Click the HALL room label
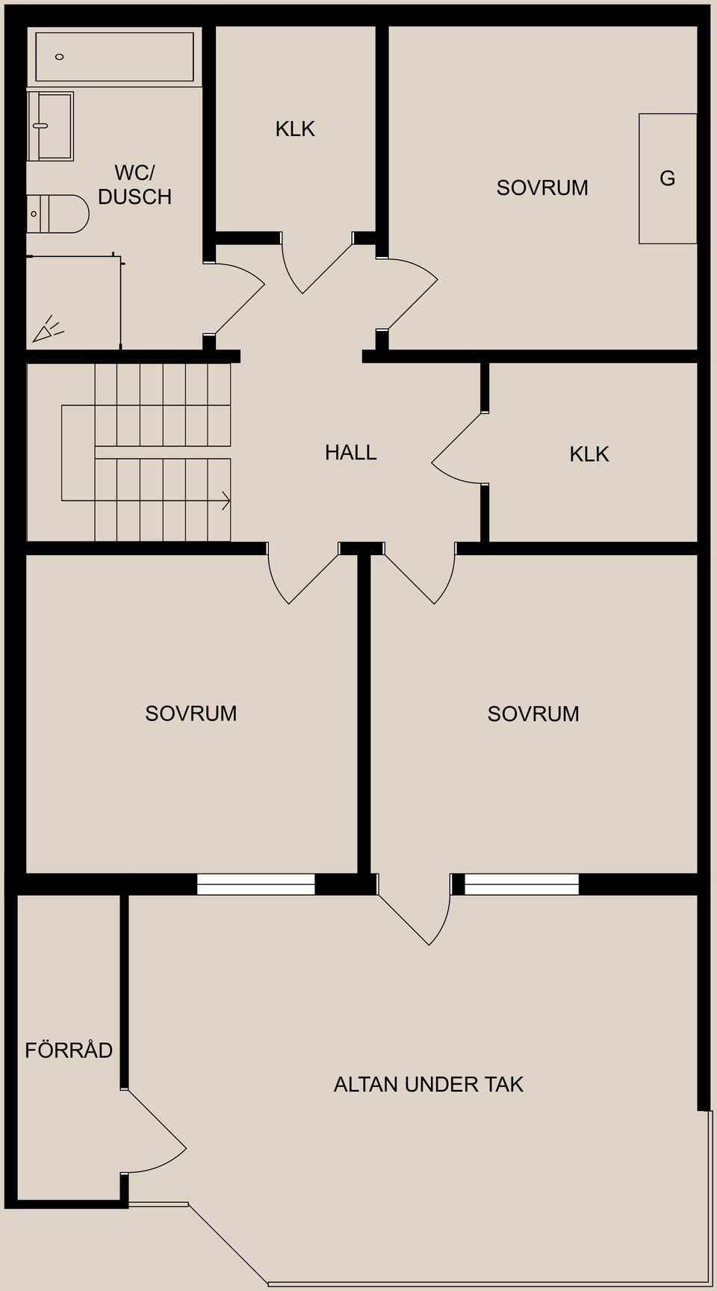click(x=350, y=452)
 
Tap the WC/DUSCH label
click(x=134, y=185)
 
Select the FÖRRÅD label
click(x=69, y=1050)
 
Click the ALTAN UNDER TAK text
click(x=428, y=1084)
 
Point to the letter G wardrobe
click(x=668, y=179)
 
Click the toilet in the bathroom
click(x=58, y=214)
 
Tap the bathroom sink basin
click(x=50, y=126)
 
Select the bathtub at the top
click(x=114, y=57)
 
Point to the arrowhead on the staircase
click(x=226, y=501)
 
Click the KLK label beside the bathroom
click(x=295, y=129)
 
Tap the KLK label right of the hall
click(x=589, y=454)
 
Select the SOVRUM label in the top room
click(x=542, y=188)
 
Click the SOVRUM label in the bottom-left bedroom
click(x=190, y=713)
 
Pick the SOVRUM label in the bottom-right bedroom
click(x=533, y=713)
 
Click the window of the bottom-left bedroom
click(x=255, y=884)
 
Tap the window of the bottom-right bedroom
click(x=521, y=884)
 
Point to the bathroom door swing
click(x=238, y=297)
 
